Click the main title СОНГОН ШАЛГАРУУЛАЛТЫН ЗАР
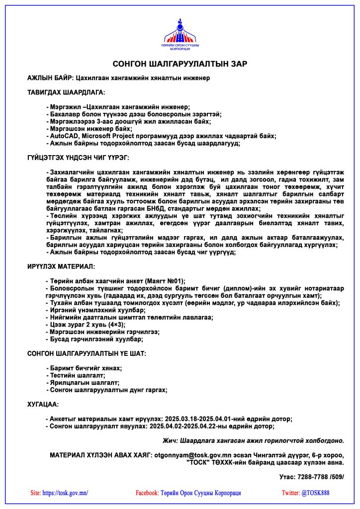point(180,64)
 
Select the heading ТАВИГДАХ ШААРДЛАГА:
point(66,92)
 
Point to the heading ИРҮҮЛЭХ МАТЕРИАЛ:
point(61,267)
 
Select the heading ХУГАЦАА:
point(43,405)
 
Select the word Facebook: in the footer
point(147,493)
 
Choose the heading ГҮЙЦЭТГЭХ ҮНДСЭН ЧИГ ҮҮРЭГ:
point(78,157)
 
